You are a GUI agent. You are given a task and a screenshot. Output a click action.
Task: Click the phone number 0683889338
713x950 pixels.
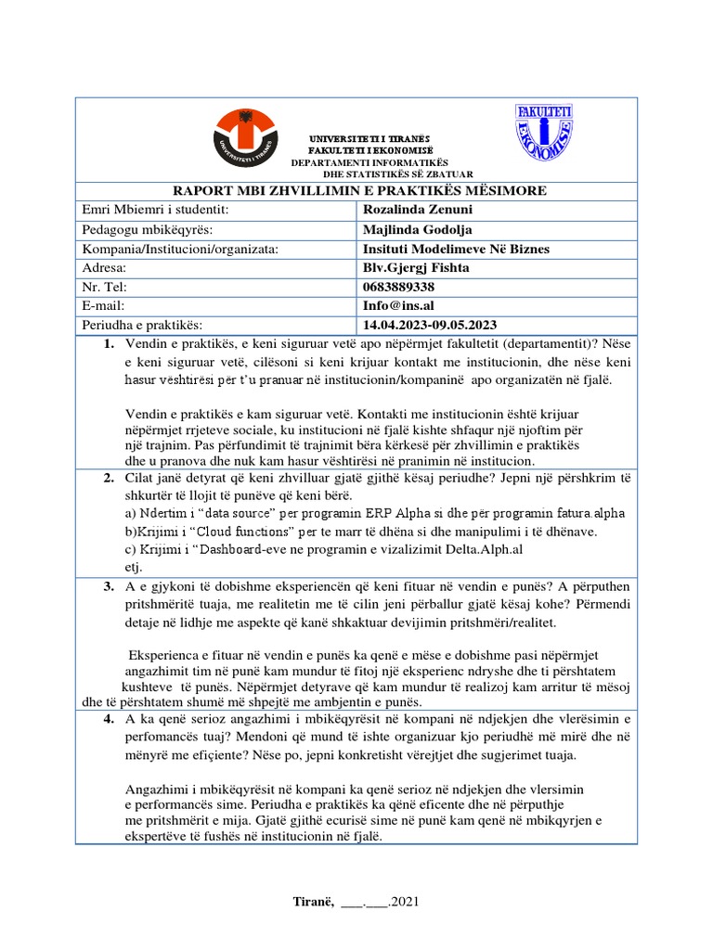pos(399,287)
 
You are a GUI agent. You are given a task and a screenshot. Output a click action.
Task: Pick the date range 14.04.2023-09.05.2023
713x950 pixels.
pos(431,325)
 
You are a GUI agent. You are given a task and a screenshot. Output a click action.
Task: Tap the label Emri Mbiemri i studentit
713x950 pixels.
pos(155,210)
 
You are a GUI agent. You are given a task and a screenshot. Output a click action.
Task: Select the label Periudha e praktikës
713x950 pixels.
pos(142,325)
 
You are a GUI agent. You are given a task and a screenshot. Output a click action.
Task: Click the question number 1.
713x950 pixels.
pos(108,345)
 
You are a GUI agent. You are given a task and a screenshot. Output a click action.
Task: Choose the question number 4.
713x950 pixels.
pos(108,720)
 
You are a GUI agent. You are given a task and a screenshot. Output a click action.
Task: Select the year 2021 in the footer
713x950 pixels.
pos(409,901)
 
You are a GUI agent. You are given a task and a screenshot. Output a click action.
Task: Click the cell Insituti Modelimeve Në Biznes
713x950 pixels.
pos(456,249)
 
